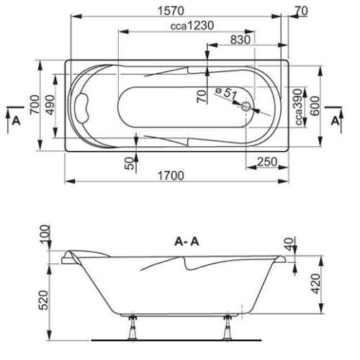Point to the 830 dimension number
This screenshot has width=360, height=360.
click(x=237, y=40)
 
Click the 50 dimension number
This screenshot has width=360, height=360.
click(x=130, y=163)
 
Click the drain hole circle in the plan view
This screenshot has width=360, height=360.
click(x=247, y=107)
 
